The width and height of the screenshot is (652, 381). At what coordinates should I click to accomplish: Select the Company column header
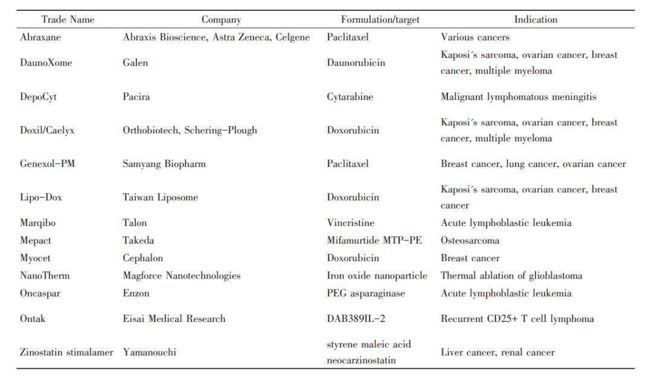point(221,19)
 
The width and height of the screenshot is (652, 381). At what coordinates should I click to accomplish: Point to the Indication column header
point(535,19)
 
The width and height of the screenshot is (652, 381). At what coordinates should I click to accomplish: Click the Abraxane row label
point(41,37)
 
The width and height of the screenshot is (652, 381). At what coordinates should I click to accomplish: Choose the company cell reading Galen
point(135,63)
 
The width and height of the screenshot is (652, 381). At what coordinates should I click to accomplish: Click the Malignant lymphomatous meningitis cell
point(519,96)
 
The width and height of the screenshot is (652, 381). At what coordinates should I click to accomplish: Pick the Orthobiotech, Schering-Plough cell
point(190,130)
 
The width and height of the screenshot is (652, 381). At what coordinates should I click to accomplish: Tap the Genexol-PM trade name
point(48,164)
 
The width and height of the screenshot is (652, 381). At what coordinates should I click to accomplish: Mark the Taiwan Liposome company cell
point(161,197)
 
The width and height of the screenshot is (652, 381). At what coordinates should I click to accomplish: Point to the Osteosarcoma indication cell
point(470,241)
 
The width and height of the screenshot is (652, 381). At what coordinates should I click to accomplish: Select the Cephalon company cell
point(143,258)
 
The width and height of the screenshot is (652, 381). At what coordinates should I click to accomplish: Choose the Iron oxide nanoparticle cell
point(377,276)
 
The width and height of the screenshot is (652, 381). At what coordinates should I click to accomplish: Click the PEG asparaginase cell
point(366,294)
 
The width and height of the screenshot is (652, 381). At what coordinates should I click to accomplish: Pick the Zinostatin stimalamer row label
point(67,352)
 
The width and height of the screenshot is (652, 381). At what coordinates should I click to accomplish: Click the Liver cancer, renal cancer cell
point(498,352)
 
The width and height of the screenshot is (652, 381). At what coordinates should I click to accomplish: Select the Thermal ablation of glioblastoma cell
point(512,276)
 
